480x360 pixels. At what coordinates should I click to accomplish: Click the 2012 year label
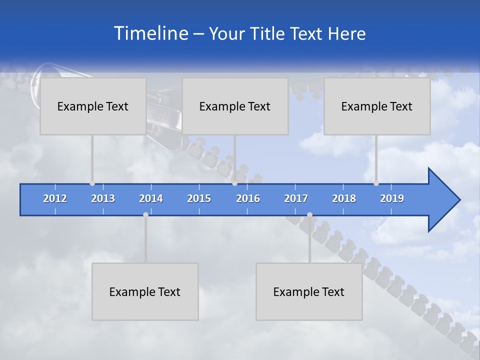coord(55,198)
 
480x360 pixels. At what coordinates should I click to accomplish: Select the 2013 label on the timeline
coord(103,198)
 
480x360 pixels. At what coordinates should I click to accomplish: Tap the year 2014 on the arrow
coord(151,198)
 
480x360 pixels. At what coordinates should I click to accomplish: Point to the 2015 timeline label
coord(199,198)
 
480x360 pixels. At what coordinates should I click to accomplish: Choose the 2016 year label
coord(248,198)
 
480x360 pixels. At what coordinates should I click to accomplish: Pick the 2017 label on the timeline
coord(296,198)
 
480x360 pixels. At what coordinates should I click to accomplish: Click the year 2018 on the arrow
coord(344,198)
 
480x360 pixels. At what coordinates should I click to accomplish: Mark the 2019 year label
coord(392,198)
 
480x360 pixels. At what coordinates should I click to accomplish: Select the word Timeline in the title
coord(150,33)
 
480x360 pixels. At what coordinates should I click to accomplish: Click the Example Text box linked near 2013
coord(93,106)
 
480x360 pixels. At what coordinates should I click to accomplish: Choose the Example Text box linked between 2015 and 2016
coord(235,106)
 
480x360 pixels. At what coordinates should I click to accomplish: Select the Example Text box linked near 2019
coord(377,106)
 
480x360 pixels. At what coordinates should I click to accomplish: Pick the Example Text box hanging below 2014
coord(145,291)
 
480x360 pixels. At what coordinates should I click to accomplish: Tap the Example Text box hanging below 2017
coord(309,291)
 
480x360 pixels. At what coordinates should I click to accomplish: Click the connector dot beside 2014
coord(145,214)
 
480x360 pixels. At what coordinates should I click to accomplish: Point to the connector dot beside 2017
coord(309,214)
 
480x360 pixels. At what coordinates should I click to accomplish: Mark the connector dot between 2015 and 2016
coord(234,183)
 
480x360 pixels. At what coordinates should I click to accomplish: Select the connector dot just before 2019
coord(376,183)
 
